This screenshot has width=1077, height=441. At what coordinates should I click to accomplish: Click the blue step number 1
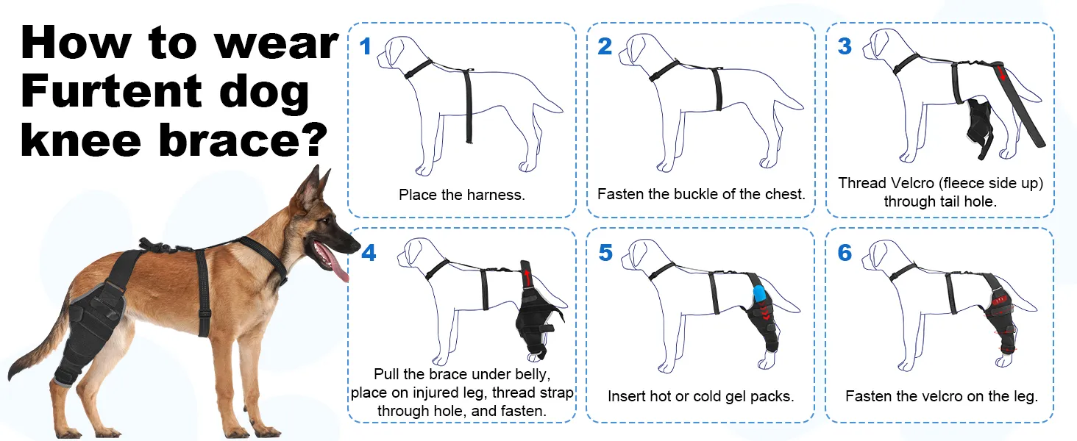(366, 46)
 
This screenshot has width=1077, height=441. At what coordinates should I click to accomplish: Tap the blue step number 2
(605, 46)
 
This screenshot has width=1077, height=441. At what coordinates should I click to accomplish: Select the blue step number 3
(845, 46)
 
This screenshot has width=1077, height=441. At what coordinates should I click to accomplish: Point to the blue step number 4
(369, 253)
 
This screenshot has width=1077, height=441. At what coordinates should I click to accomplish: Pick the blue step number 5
(606, 253)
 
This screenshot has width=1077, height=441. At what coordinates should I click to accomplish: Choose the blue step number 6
(845, 253)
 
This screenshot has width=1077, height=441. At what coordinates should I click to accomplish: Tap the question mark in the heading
(316, 140)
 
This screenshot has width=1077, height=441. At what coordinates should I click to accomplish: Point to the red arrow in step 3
(1001, 74)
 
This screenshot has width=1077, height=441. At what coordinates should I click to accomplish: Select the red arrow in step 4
(527, 277)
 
